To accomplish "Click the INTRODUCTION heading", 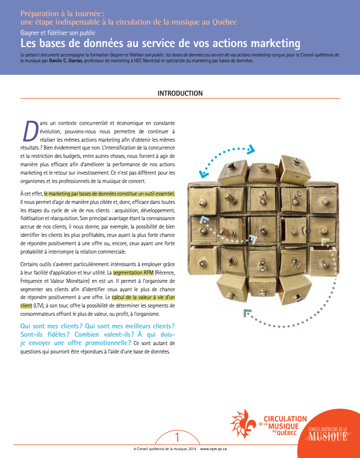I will [x=180, y=94].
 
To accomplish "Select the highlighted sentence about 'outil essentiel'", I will [x=109, y=193].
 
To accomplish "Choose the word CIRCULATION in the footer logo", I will [x=285, y=419].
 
